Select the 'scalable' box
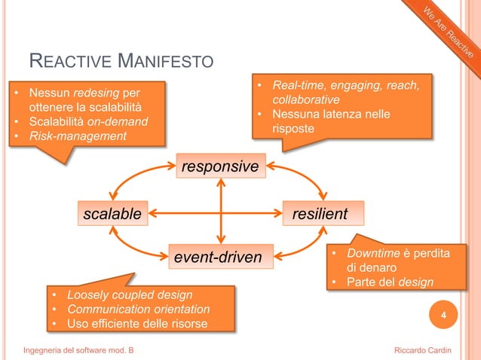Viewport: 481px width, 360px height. [x=112, y=214]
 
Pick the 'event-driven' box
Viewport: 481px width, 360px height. [x=218, y=258]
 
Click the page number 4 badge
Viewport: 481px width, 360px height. [x=443, y=316]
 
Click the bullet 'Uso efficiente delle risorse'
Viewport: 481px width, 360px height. [x=137, y=324]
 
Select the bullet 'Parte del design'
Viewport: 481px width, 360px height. [x=390, y=282]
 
